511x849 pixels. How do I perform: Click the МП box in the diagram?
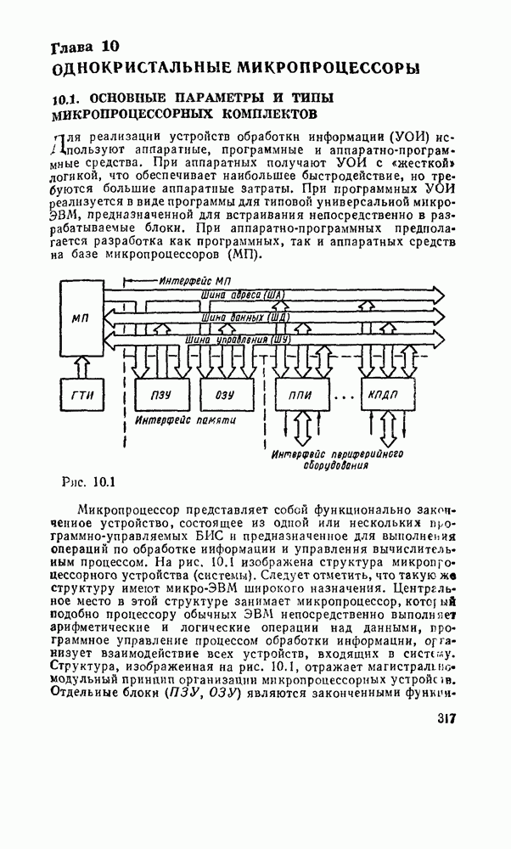(x=81, y=317)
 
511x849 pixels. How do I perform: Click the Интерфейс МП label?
(x=196, y=279)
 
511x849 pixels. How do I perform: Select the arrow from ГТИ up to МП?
(x=81, y=365)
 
